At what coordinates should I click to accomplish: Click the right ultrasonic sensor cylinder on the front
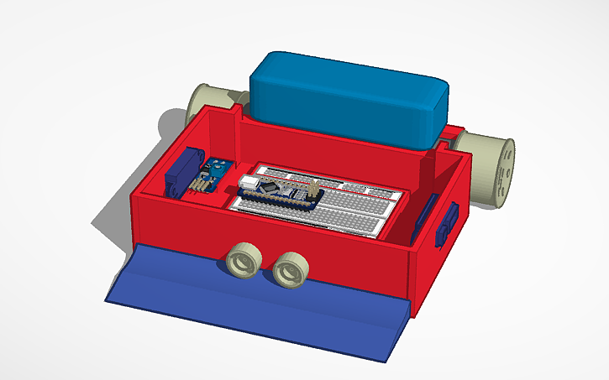click(x=291, y=268)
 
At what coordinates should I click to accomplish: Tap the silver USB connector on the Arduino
click(x=249, y=181)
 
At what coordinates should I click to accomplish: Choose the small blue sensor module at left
click(x=210, y=177)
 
